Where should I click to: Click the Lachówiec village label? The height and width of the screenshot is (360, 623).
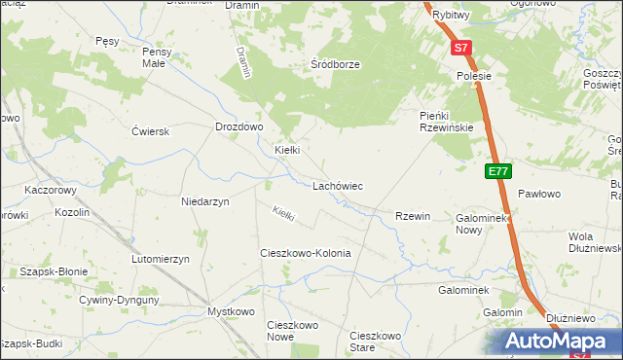(337, 185)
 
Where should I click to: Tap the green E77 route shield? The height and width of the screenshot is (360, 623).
(498, 172)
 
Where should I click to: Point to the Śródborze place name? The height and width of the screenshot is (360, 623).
(335, 64)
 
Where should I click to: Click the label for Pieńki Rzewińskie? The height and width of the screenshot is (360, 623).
(446, 122)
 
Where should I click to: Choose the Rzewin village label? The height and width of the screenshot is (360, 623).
(413, 216)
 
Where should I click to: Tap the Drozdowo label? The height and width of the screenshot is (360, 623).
(239, 126)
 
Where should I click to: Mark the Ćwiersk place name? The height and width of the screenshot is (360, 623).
(151, 131)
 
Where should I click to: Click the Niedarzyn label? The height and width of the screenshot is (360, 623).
(204, 201)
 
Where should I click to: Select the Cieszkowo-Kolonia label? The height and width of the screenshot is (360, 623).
(305, 253)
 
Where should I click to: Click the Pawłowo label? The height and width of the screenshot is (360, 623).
(539, 195)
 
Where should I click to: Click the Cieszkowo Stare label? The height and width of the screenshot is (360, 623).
(375, 342)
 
